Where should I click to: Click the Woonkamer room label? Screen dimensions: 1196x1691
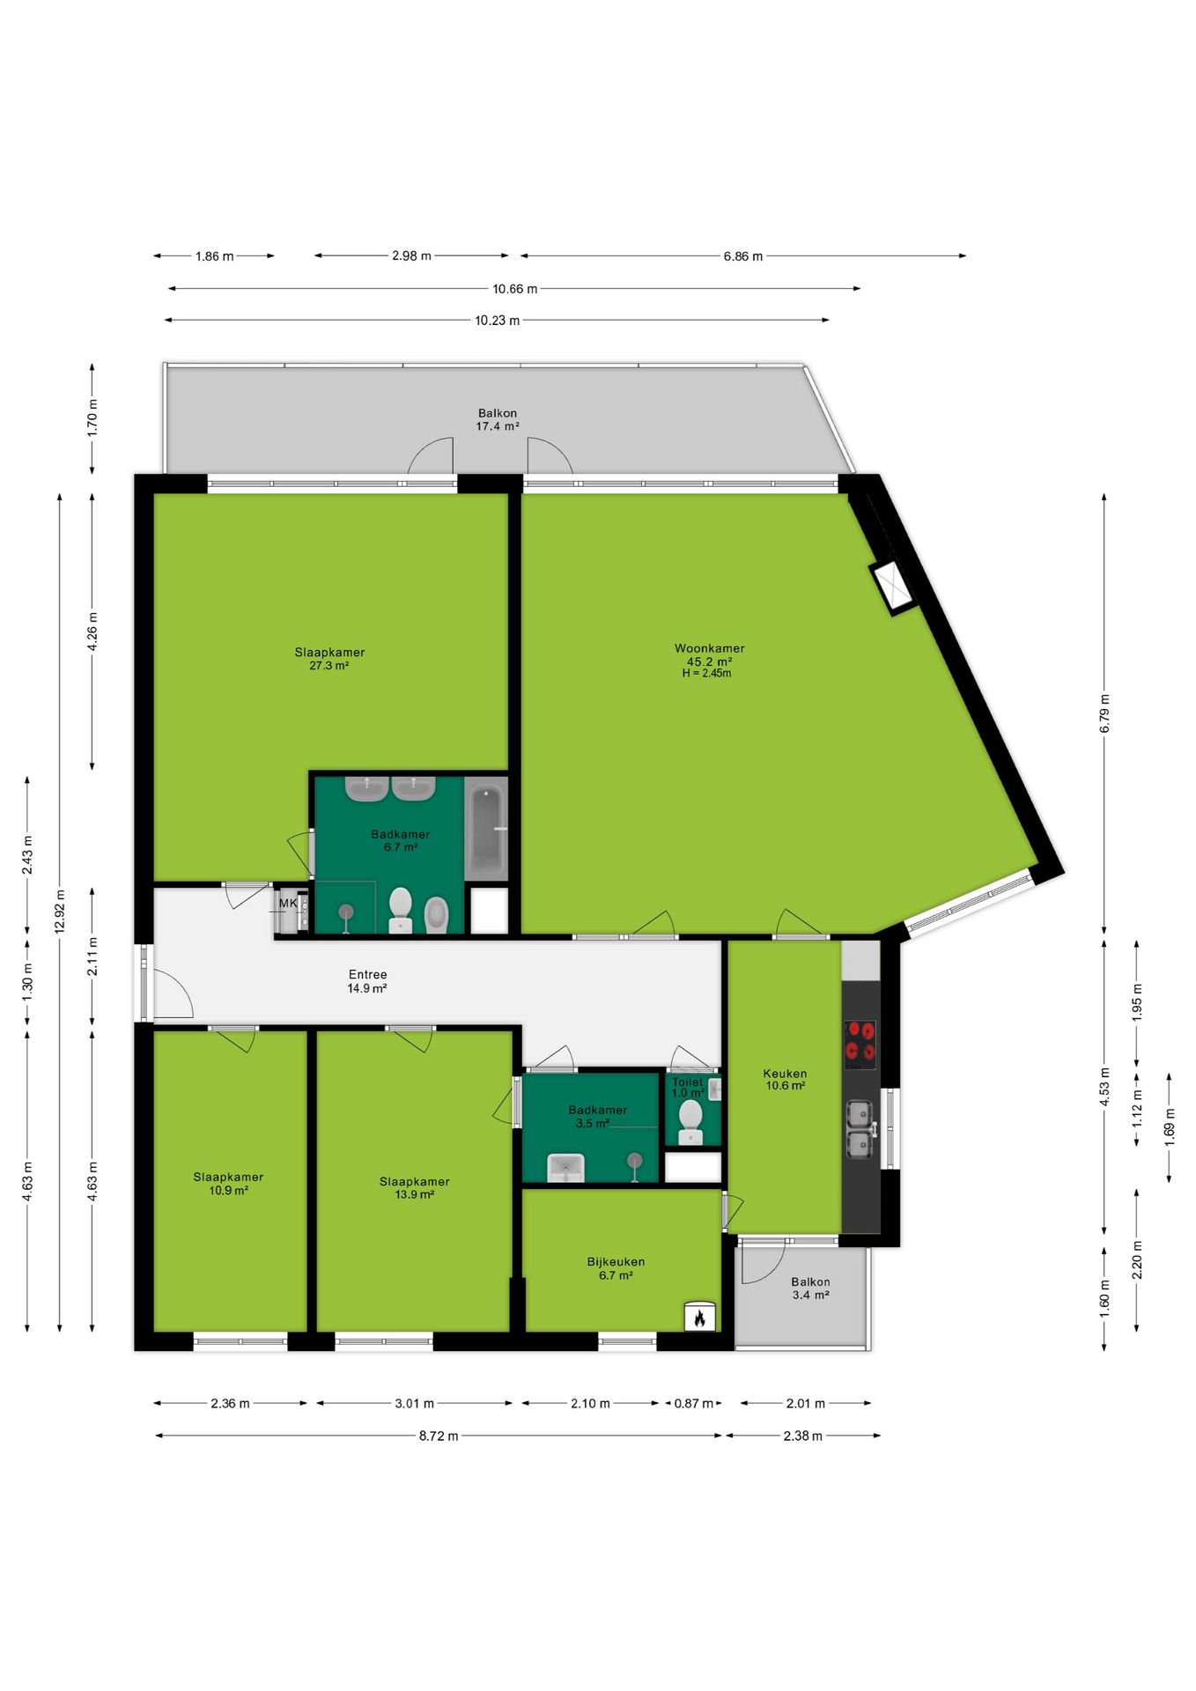(x=709, y=648)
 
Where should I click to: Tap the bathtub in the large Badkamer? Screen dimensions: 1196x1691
(x=486, y=830)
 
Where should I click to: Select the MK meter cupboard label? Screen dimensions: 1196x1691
(x=288, y=903)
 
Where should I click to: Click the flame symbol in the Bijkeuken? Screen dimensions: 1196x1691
(x=699, y=1317)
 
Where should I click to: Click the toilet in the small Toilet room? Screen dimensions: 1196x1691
(x=690, y=1121)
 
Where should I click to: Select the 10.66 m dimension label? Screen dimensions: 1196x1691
(x=514, y=288)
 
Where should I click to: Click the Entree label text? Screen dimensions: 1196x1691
(x=367, y=974)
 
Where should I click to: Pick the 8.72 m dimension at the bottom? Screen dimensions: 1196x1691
(x=438, y=1436)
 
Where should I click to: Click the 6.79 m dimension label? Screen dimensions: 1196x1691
(x=1104, y=713)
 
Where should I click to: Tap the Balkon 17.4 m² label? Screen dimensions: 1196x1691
(x=498, y=419)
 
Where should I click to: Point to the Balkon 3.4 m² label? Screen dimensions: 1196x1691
(x=810, y=1289)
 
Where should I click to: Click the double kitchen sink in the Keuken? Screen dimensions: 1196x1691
(x=860, y=1128)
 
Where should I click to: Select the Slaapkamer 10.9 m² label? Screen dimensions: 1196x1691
(x=228, y=1183)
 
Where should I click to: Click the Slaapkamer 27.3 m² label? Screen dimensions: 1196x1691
(x=329, y=659)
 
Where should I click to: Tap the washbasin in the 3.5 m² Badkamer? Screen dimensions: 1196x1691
(x=565, y=1167)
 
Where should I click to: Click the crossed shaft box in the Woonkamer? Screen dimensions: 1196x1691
(x=893, y=587)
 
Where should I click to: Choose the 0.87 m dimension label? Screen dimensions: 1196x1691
(x=693, y=1403)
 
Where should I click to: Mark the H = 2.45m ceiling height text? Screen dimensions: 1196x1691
(x=706, y=673)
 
